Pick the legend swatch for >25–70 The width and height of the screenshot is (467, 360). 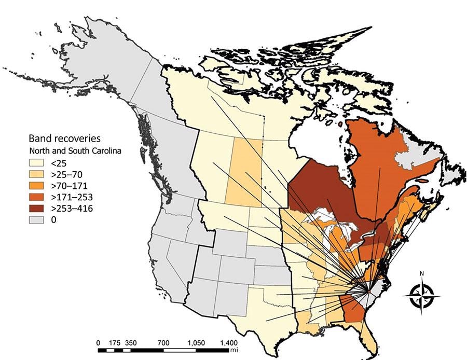point(37,174)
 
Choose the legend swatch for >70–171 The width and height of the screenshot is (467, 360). point(37,186)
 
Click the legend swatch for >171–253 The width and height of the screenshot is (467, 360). point(37,197)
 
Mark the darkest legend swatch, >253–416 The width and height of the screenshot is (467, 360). point(37,209)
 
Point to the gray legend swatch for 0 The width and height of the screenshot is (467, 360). point(37,220)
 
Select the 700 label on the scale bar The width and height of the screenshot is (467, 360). point(163,343)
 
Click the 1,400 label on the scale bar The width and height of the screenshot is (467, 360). point(229,343)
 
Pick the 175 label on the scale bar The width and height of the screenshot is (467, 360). point(115,343)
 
